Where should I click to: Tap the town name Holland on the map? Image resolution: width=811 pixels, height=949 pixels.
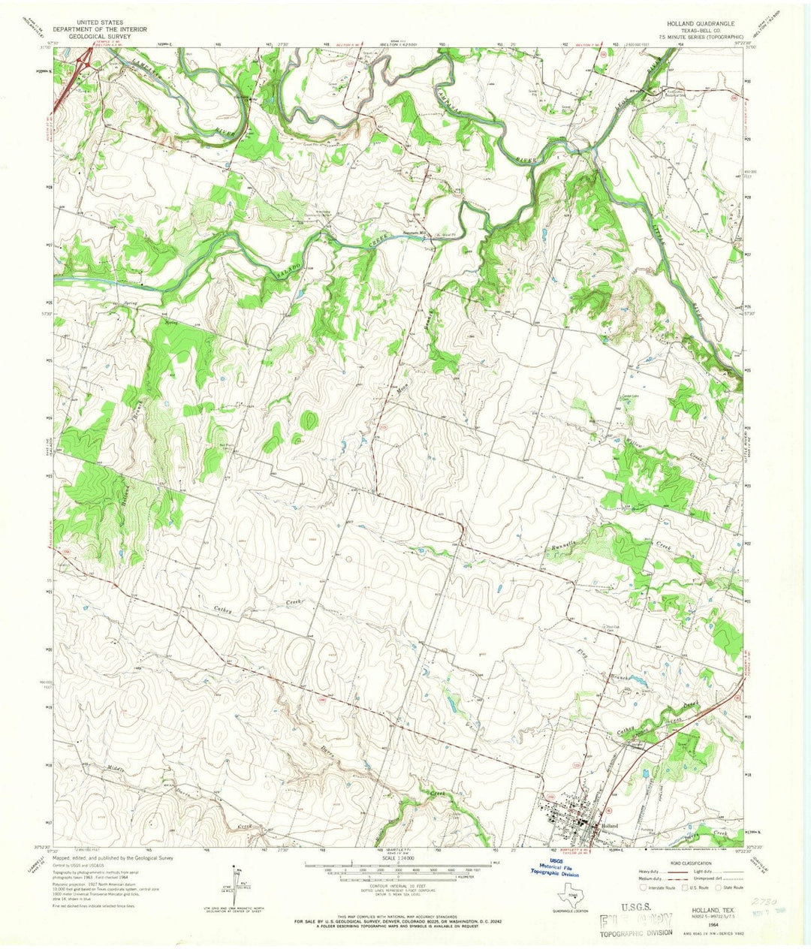click(x=609, y=824)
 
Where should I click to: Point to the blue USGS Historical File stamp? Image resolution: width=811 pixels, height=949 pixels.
click(x=556, y=869)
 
